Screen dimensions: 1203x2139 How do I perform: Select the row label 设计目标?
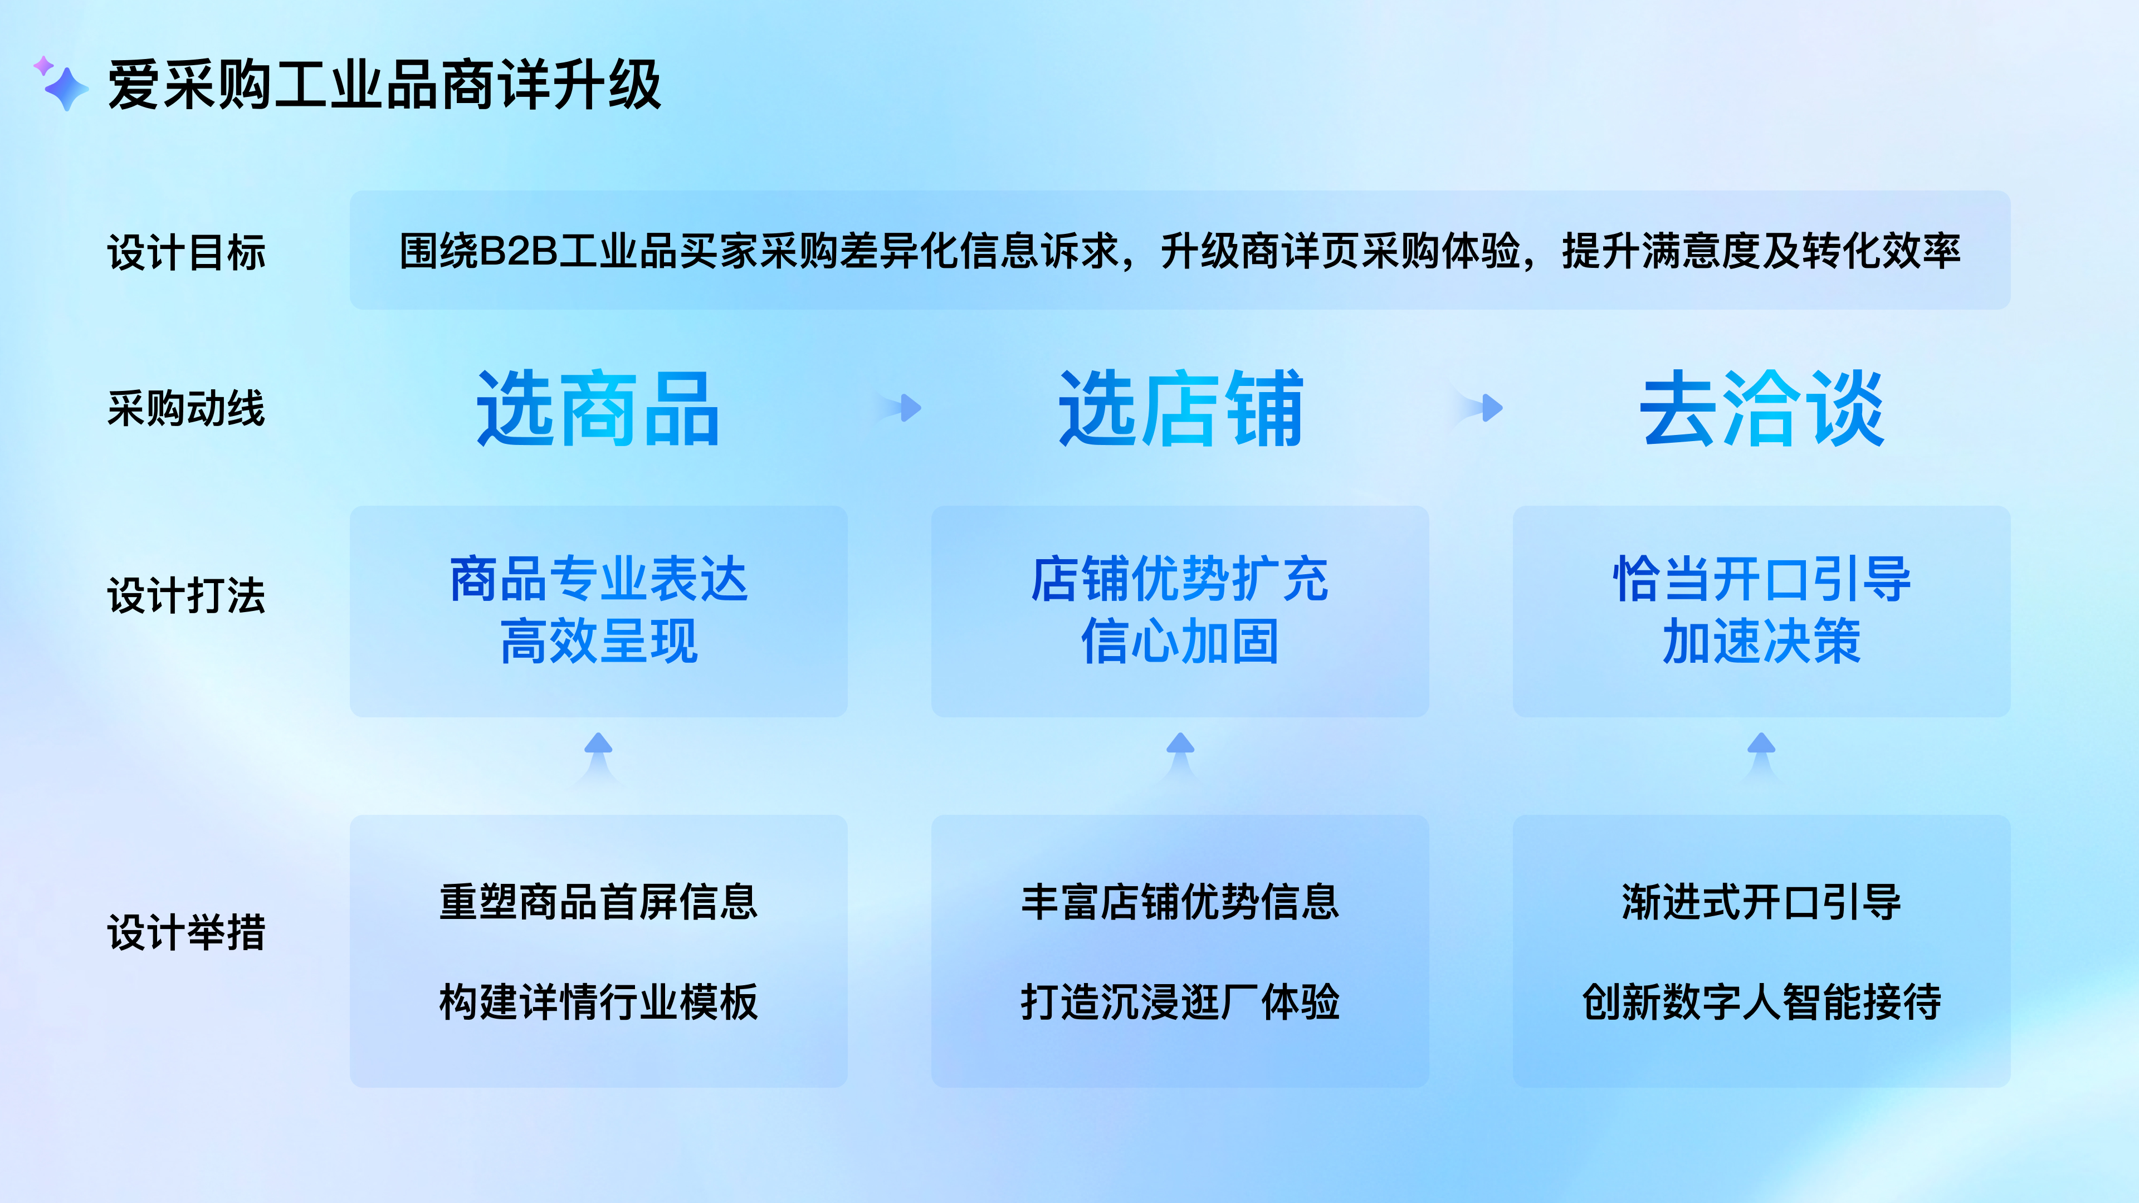tap(186, 252)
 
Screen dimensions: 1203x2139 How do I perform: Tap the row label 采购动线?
tap(186, 408)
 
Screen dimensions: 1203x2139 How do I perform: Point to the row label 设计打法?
tap(186, 595)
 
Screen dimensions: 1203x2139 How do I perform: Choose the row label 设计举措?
tap(186, 932)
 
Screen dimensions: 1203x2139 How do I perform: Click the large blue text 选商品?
tap(598, 408)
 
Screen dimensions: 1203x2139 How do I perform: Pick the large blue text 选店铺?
tap(1180, 408)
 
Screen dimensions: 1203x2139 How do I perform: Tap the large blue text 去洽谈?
tap(1761, 408)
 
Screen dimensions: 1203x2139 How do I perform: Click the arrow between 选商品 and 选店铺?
tap(907, 408)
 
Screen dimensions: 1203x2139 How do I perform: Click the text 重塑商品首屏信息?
tap(598, 902)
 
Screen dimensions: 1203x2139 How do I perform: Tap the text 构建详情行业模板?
tap(598, 1002)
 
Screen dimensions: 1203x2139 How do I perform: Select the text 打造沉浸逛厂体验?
tap(1180, 1002)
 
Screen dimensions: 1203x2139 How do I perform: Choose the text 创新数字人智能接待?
tap(1761, 1002)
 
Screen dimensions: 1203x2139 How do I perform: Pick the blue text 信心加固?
tap(1180, 642)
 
